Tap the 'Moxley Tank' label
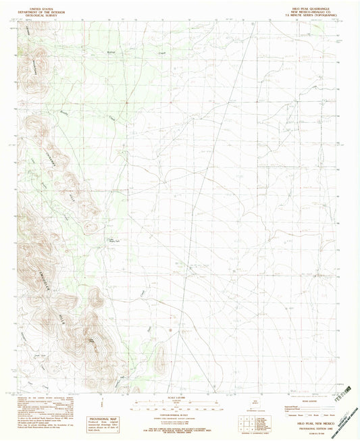[115, 240]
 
